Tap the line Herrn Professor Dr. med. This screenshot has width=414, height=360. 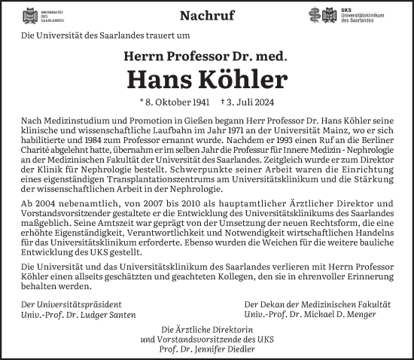[207, 55]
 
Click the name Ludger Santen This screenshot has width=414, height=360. [108, 313]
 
